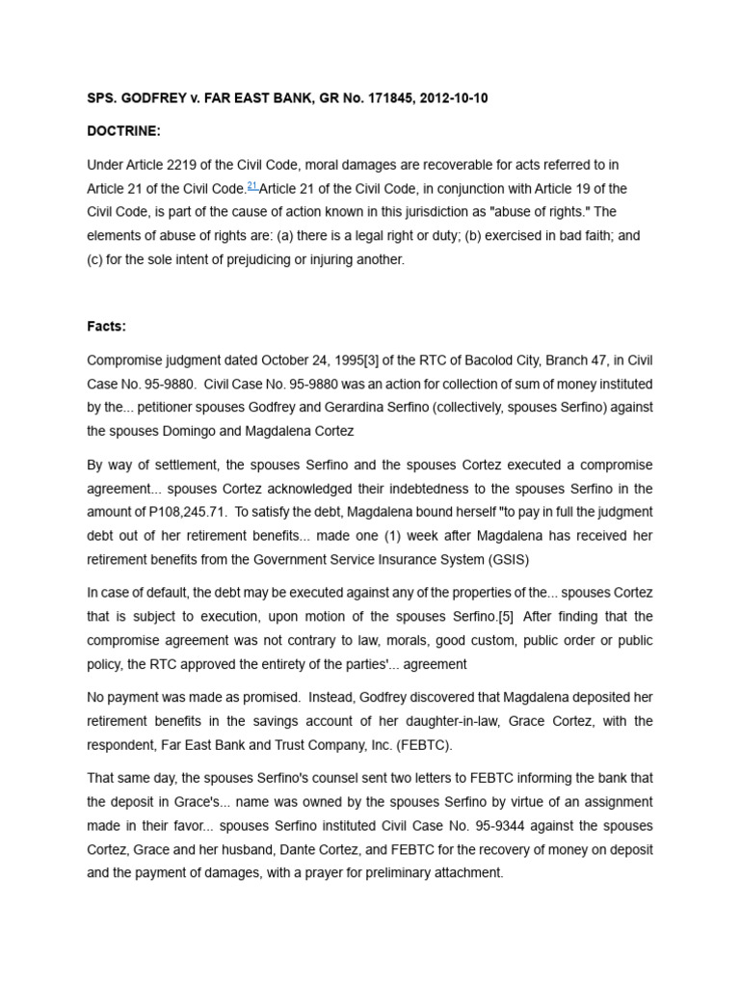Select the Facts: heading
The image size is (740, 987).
click(106, 327)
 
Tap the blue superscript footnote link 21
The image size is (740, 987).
click(252, 185)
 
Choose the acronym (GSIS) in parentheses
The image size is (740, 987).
click(501, 558)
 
